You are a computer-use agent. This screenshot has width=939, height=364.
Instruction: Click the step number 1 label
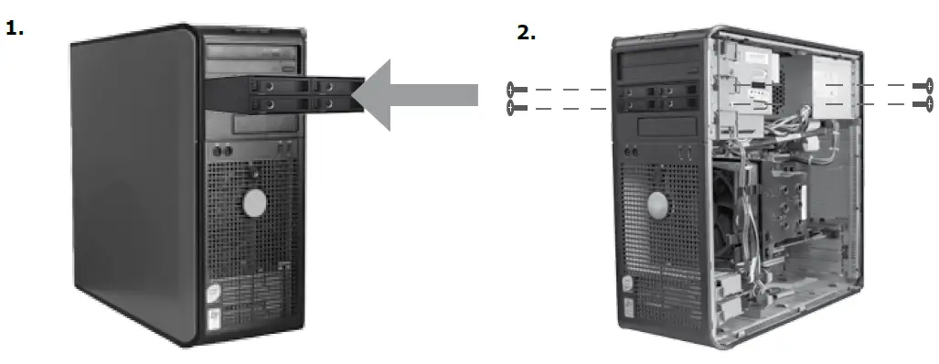[x=15, y=28]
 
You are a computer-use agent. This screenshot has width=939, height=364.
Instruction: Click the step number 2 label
[x=526, y=33]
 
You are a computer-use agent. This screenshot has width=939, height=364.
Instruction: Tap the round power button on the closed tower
[x=255, y=202]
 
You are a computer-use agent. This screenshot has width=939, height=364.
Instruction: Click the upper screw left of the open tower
[x=516, y=90]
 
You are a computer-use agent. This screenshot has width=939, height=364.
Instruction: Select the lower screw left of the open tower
[x=516, y=108]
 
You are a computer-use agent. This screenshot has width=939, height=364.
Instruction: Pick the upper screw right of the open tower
[x=923, y=86]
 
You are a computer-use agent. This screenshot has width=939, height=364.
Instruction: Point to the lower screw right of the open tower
[x=923, y=103]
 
